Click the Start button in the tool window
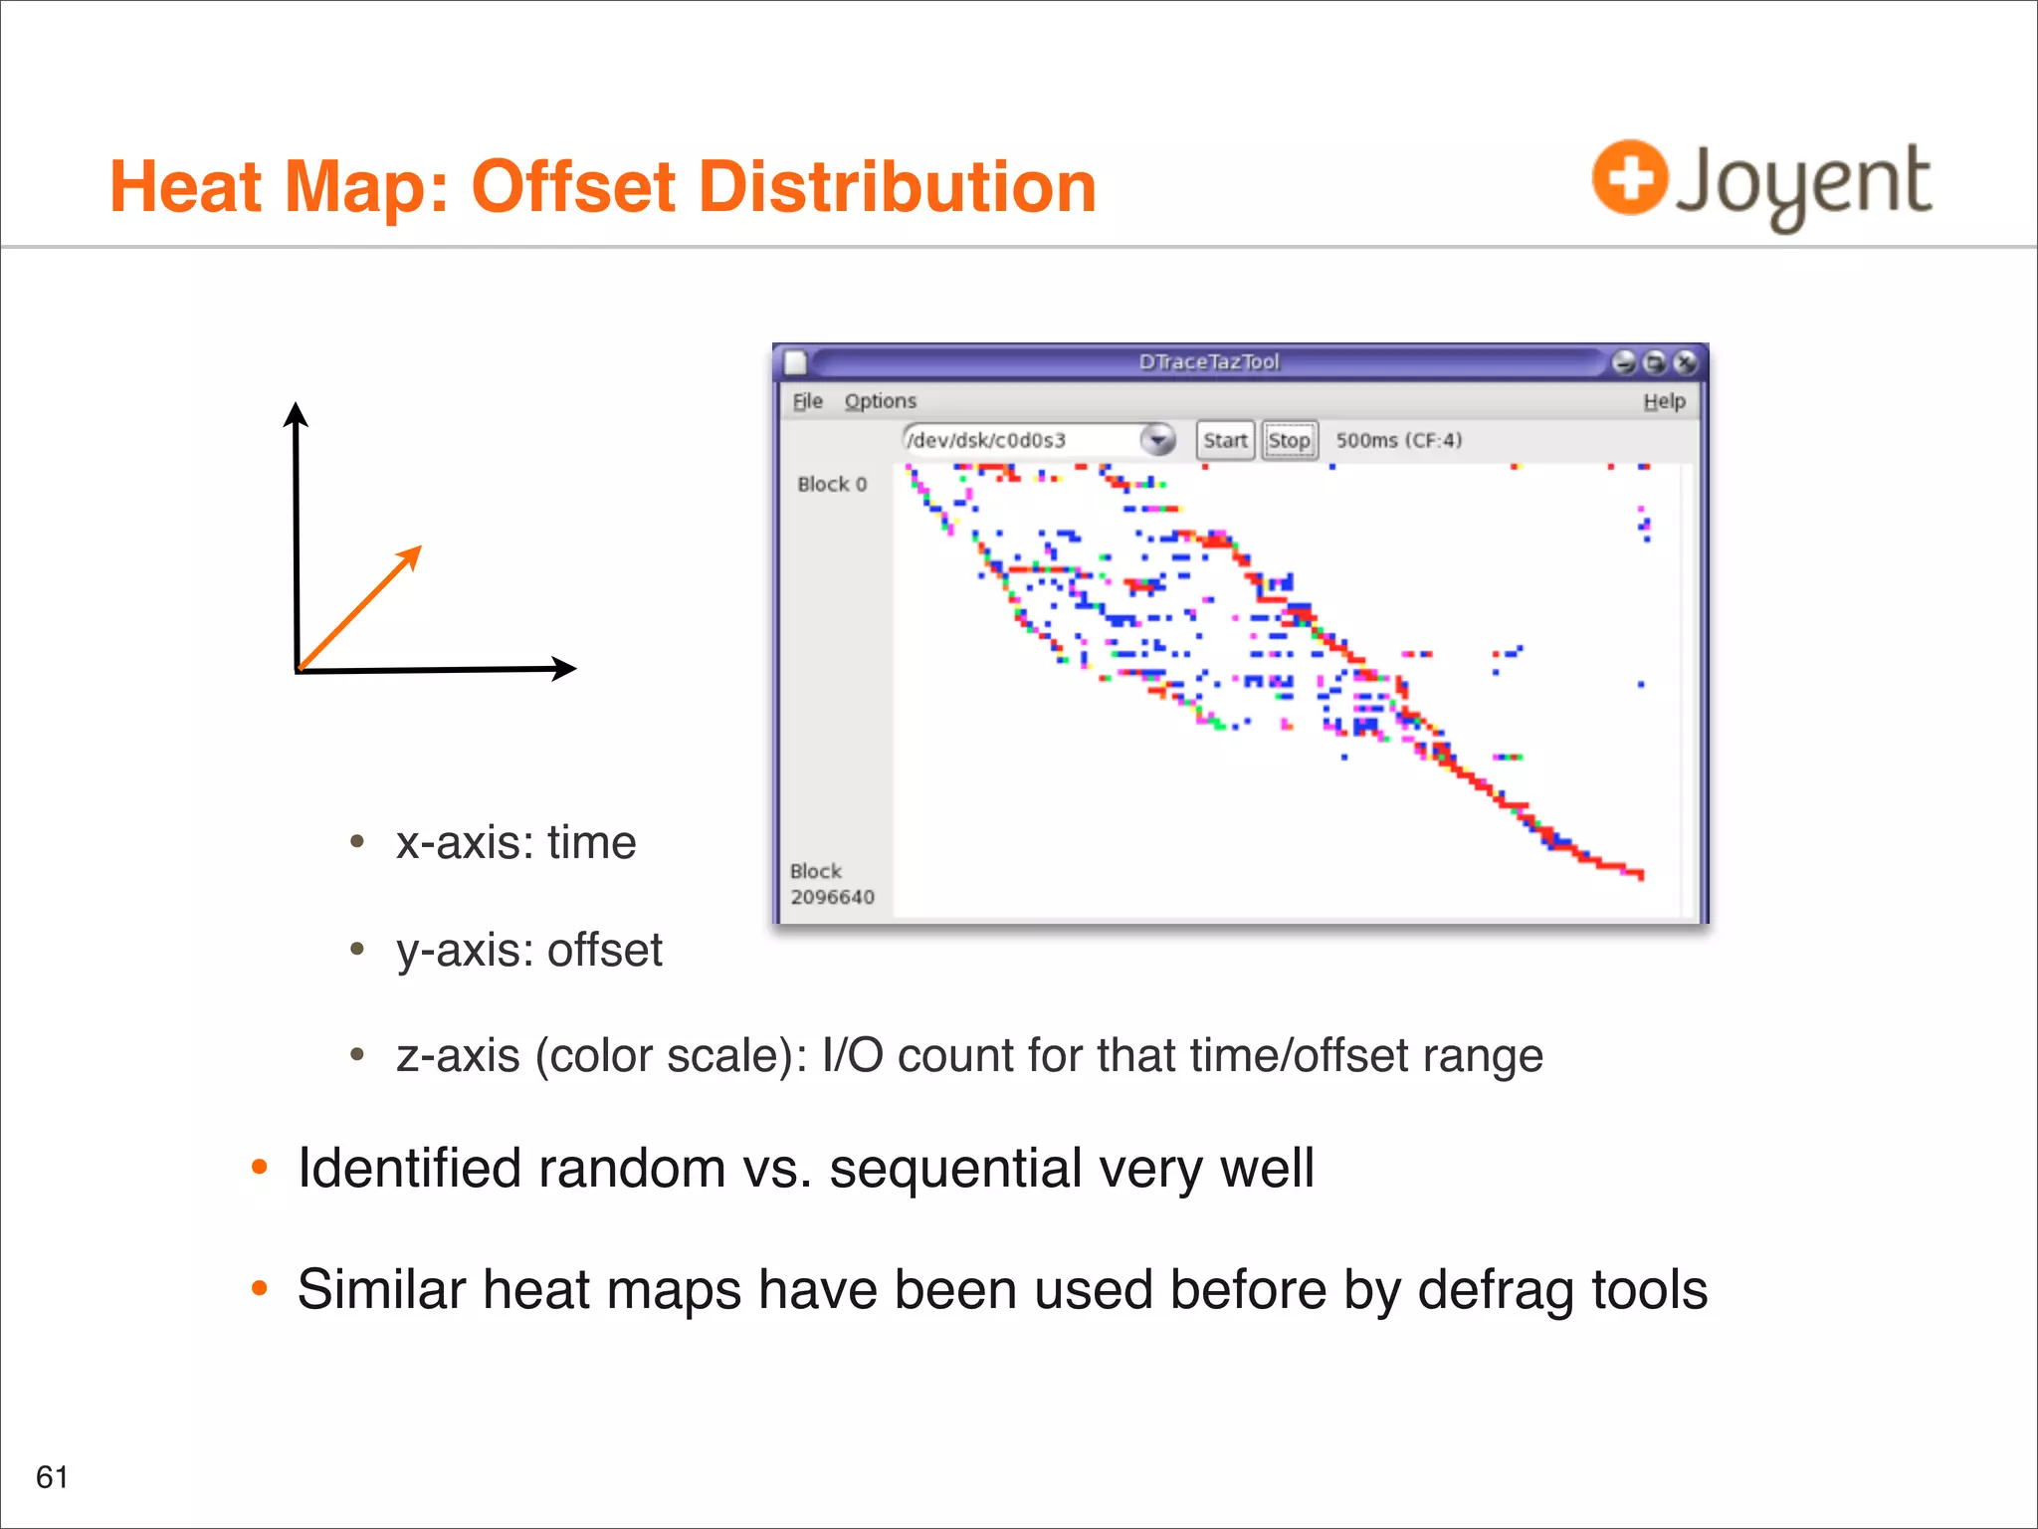(x=1224, y=440)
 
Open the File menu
(x=807, y=401)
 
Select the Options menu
(x=880, y=401)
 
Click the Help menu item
(x=1664, y=401)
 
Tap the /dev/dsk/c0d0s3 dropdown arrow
(x=1157, y=439)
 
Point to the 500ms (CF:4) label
(x=1398, y=440)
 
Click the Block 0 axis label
(x=832, y=485)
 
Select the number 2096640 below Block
(x=832, y=897)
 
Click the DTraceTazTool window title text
(x=1209, y=361)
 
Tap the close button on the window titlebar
(x=1685, y=362)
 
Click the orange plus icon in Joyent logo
(x=1629, y=178)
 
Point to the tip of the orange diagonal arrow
(x=419, y=548)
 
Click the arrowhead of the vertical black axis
(x=296, y=411)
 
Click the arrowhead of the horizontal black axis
(x=565, y=668)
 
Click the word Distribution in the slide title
(x=897, y=187)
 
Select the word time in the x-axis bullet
(x=591, y=843)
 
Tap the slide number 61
(x=52, y=1476)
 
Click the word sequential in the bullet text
(x=955, y=1169)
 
